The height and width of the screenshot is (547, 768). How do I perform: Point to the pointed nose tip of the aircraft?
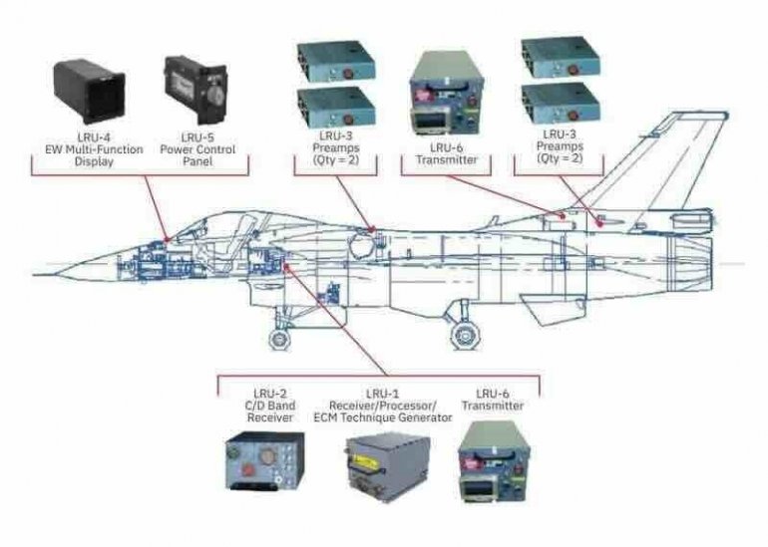(38, 268)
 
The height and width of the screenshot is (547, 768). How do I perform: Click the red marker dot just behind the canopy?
(371, 229)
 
